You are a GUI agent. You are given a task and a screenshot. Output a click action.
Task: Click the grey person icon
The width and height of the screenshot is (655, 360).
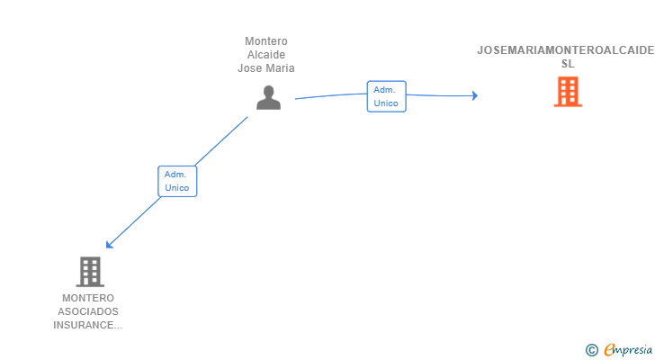(x=268, y=97)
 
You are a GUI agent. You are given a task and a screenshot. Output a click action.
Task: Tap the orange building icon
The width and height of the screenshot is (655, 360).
(x=568, y=92)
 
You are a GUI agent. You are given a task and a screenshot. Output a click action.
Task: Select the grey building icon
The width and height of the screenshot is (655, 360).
(x=89, y=271)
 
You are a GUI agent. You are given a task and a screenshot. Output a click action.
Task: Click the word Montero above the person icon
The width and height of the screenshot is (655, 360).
(x=266, y=41)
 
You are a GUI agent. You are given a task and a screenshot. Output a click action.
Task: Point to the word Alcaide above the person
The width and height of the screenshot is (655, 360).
(x=266, y=54)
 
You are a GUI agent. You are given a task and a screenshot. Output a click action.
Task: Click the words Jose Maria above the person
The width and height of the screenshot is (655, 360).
(x=266, y=67)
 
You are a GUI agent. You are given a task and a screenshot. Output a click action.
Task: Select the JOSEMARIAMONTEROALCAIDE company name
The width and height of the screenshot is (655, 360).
(x=566, y=50)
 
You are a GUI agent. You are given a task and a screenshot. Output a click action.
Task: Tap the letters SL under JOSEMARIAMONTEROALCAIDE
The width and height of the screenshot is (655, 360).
(x=567, y=64)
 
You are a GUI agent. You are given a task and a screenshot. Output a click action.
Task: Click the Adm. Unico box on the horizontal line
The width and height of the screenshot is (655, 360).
(x=386, y=96)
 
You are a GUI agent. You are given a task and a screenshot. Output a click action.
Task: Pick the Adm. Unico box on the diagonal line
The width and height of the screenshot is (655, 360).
(x=177, y=181)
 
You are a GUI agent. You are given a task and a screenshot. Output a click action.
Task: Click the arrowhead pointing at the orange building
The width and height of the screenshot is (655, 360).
(x=474, y=96)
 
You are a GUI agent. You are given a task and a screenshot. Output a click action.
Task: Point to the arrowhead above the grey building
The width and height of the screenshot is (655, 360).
(x=109, y=244)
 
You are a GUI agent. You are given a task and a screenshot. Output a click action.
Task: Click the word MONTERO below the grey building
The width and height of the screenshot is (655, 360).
(x=88, y=298)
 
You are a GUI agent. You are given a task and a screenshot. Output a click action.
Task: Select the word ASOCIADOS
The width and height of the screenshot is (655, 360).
(x=88, y=311)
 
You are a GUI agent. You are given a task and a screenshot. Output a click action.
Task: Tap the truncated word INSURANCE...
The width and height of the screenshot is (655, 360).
(x=88, y=325)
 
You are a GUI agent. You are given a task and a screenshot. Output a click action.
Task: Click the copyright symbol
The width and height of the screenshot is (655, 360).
(x=591, y=350)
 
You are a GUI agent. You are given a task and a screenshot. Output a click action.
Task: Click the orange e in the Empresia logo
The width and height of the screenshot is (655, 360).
(x=609, y=350)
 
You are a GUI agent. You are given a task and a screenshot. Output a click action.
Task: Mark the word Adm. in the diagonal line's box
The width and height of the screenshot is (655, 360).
(x=175, y=174)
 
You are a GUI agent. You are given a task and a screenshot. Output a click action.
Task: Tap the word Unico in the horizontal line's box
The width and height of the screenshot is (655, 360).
(x=386, y=103)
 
